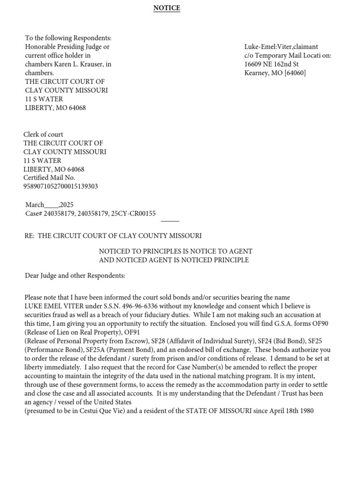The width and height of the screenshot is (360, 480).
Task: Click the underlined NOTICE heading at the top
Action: (x=166, y=8)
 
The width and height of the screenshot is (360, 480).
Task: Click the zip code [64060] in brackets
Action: (x=295, y=73)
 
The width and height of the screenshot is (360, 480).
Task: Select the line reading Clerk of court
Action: (x=43, y=135)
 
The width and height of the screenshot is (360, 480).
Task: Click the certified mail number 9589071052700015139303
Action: (x=61, y=187)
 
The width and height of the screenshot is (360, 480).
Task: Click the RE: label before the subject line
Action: (x=30, y=236)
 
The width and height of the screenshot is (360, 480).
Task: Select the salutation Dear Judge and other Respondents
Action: (x=75, y=276)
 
